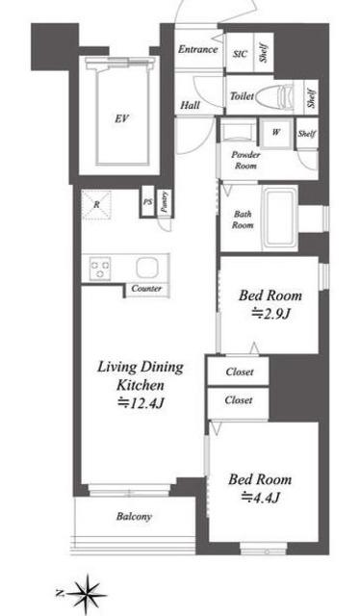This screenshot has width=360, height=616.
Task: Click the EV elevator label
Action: point(122,118)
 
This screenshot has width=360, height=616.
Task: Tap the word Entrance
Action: point(197,49)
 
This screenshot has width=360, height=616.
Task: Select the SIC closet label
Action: point(240,54)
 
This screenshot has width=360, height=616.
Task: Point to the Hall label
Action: point(191,105)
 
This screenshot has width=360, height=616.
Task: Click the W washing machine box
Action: point(276,133)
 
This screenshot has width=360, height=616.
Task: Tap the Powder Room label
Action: point(245,160)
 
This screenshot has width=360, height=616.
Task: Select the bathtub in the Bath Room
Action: point(279,218)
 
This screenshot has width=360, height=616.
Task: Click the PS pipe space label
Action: point(148,202)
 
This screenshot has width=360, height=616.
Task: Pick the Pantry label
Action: point(165,202)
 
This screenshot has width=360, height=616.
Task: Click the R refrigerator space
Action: point(96,205)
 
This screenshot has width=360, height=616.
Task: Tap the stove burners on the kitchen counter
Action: point(100,269)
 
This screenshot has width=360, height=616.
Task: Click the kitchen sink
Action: point(146,268)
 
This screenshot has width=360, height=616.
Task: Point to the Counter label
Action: point(146,289)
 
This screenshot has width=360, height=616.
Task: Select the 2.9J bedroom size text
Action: point(270,314)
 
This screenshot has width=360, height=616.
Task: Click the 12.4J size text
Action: point(141,402)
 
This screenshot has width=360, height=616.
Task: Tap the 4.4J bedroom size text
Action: point(260,498)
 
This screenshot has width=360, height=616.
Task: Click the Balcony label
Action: point(134,516)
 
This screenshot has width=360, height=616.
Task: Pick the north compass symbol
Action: point(86,594)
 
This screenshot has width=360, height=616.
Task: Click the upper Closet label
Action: point(240,372)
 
